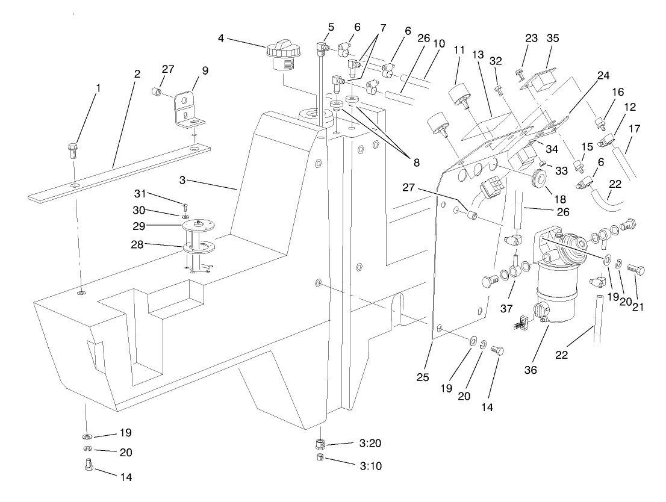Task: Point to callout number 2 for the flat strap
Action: tap(137, 74)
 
